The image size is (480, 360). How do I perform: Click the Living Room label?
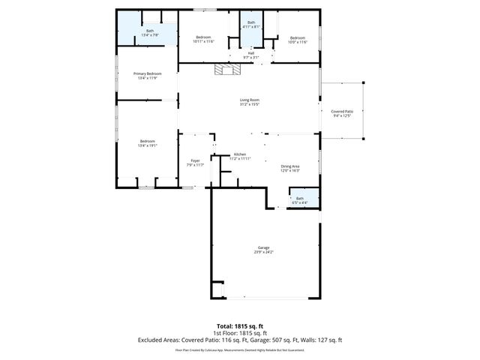coord(249,100)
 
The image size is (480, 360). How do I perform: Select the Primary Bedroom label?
coord(147,73)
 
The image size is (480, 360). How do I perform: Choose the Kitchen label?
coord(240,154)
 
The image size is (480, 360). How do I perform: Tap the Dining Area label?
coord(290,166)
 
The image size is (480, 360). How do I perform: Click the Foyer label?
coord(195,161)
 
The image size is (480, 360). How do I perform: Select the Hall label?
coord(250,52)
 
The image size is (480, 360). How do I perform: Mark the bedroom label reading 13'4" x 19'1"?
coord(147,143)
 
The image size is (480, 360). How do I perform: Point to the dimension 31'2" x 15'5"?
coord(249,103)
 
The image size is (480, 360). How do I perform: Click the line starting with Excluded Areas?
coord(239,340)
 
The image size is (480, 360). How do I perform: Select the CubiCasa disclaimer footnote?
coord(239,349)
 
